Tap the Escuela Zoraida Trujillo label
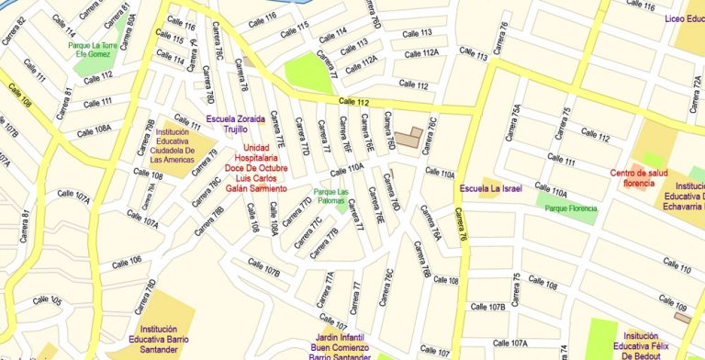point(236,124)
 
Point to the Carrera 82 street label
point(14,31)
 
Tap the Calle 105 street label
point(47,300)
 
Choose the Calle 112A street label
point(361,62)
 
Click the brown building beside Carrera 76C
point(410,139)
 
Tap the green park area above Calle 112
point(308,73)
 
